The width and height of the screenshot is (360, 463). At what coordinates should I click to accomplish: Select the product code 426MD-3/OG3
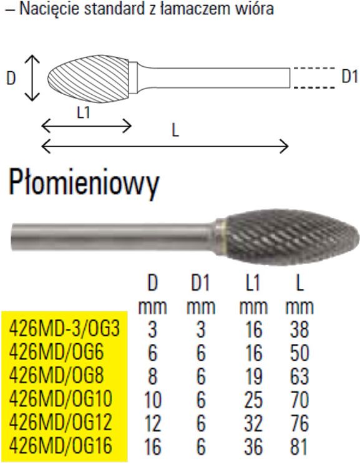tap(65, 328)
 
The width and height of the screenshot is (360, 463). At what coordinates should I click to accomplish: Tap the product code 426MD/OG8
tap(56, 376)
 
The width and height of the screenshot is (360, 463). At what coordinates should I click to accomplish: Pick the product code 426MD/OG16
tap(61, 446)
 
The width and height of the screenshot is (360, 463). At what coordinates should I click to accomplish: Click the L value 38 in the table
tap(299, 329)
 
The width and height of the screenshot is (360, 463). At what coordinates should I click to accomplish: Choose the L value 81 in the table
tap(299, 446)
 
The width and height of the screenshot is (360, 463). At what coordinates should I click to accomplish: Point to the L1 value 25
tap(253, 399)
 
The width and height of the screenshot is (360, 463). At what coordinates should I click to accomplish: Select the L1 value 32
tap(253, 423)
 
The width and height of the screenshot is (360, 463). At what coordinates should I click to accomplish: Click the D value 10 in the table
tap(153, 399)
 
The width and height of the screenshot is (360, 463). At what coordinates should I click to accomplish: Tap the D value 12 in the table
tap(153, 423)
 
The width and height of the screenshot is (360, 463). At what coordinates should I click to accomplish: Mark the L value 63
tap(299, 376)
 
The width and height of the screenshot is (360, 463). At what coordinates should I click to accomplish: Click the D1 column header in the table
tap(200, 283)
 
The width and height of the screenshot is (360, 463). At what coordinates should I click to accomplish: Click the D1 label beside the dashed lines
tap(349, 77)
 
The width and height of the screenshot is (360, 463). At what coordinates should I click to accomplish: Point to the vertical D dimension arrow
tap(32, 78)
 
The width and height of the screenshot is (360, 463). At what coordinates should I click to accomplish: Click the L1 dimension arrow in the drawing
tap(87, 127)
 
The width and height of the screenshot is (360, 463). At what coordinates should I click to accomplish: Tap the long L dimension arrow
tap(165, 146)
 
